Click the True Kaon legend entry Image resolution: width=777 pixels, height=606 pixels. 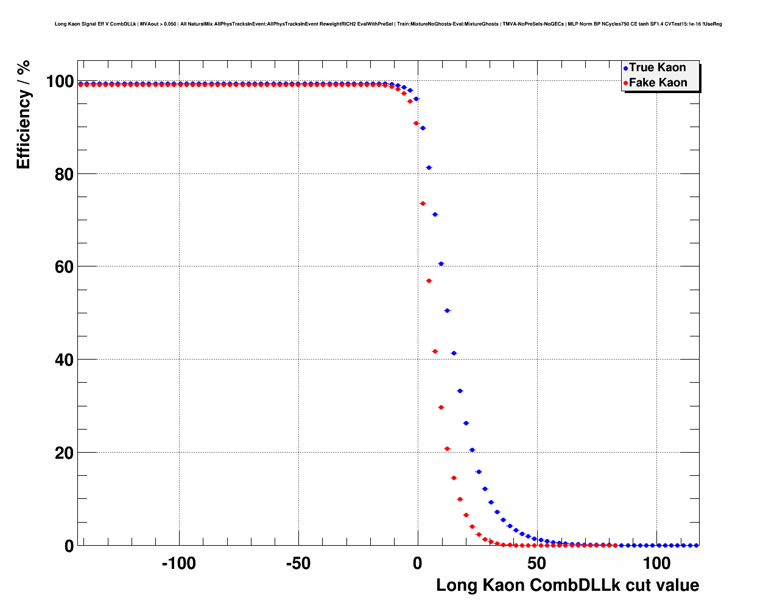(656, 68)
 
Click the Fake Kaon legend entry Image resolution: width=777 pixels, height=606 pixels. (657, 83)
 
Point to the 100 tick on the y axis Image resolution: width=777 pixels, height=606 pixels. (60, 81)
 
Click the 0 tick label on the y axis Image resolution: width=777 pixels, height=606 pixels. (69, 546)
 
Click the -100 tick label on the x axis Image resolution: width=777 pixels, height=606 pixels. (178, 563)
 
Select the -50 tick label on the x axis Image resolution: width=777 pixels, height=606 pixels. (298, 563)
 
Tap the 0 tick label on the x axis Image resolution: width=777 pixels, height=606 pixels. (418, 563)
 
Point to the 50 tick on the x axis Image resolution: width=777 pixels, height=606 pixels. (536, 563)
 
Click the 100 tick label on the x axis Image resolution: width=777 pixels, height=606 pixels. (656, 563)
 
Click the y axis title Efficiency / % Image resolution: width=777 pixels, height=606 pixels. (23, 114)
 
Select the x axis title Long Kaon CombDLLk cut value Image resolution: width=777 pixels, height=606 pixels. (568, 585)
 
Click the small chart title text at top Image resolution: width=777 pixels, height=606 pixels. (388, 24)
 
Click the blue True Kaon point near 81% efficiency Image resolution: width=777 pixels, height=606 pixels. (429, 167)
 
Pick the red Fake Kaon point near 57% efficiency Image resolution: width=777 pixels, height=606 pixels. (429, 280)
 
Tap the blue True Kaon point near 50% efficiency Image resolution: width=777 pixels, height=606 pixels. (447, 311)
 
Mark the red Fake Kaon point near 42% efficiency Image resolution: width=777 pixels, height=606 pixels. (435, 352)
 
